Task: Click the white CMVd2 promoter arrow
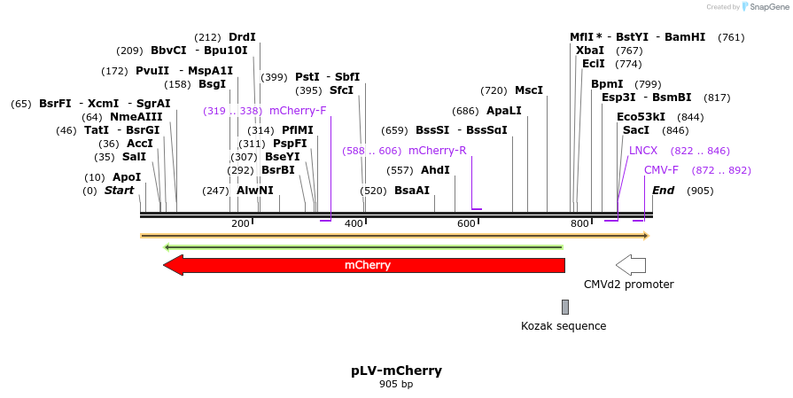tap(631, 264)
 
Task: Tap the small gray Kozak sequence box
tap(565, 307)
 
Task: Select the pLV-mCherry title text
tap(396, 371)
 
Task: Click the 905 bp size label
tap(396, 384)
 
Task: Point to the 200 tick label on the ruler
tap(240, 224)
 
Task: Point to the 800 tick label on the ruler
tap(579, 224)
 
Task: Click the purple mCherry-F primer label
tap(298, 111)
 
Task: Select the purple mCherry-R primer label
tap(437, 151)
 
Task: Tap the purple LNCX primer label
tap(643, 151)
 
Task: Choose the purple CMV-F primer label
tap(661, 170)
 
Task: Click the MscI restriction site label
tap(529, 90)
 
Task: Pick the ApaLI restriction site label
tap(504, 111)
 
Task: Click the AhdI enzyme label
tap(435, 170)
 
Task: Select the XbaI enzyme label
tap(590, 51)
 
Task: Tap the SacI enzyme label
tap(636, 130)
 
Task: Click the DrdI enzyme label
tap(242, 37)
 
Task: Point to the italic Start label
tap(120, 191)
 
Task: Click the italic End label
tap(664, 191)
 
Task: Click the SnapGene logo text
tap(767, 7)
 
